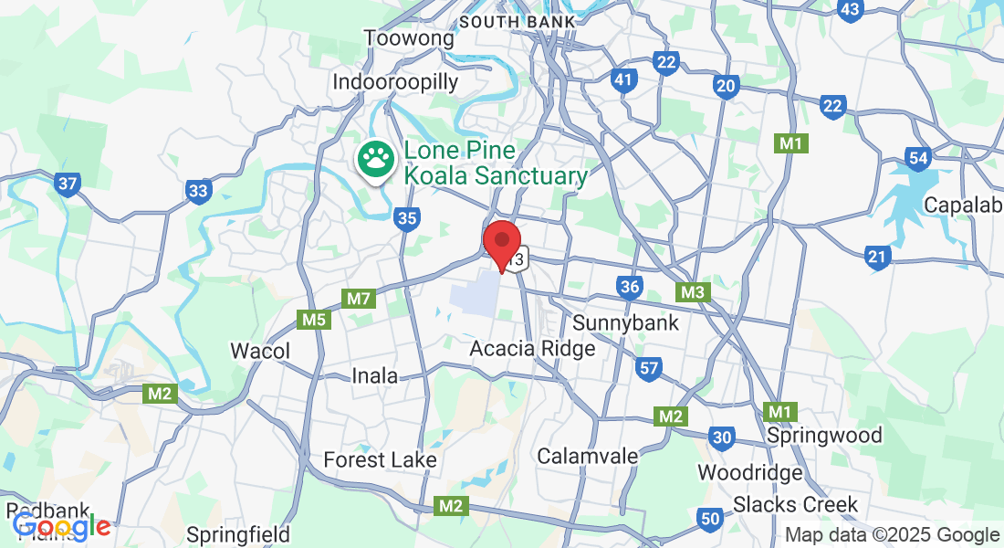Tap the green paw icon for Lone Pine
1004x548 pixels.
[374, 162]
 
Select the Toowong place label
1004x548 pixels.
[409, 38]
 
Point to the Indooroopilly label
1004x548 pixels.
[395, 82]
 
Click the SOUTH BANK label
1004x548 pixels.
[518, 20]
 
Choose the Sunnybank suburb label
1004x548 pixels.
[625, 322]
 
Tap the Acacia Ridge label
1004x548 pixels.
[532, 349]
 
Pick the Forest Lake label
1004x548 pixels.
[382, 459]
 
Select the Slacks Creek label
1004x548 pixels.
[796, 504]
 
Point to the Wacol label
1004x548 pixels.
[260, 352]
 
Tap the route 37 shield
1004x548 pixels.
[67, 184]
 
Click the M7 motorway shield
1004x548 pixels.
[359, 299]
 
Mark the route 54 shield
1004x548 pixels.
[918, 159]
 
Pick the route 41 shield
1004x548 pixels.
[623, 80]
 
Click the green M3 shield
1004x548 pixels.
[693, 292]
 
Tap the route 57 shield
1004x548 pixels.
[649, 369]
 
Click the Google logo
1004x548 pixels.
[61, 526]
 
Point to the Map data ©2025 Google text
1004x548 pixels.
[892, 535]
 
